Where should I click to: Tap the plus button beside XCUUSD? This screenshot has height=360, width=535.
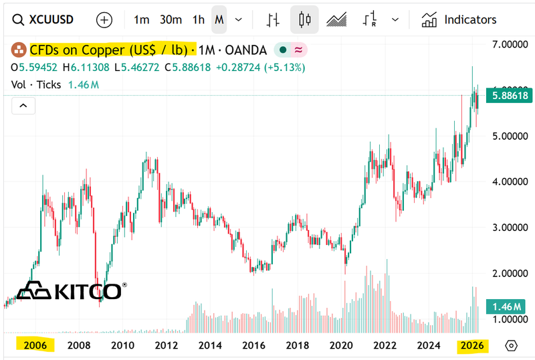point(104,20)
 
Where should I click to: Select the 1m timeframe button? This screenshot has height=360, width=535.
point(141,20)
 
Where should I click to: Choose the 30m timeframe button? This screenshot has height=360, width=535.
point(171,20)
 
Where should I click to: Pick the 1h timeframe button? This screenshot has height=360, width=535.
point(199,20)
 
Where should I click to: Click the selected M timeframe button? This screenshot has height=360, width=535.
point(219,20)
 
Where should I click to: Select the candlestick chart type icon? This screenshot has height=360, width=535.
point(304,20)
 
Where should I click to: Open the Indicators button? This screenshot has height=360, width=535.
point(459,20)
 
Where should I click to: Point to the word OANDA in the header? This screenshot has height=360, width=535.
point(245,50)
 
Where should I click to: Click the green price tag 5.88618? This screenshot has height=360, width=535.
point(510,96)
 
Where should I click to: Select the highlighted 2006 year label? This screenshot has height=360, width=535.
point(35,346)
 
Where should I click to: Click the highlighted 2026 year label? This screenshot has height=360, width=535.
point(472,346)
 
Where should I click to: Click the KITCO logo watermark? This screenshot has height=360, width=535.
point(70,291)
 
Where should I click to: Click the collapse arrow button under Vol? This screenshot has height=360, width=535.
point(23,106)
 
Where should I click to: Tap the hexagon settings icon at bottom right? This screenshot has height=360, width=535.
point(511,346)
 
